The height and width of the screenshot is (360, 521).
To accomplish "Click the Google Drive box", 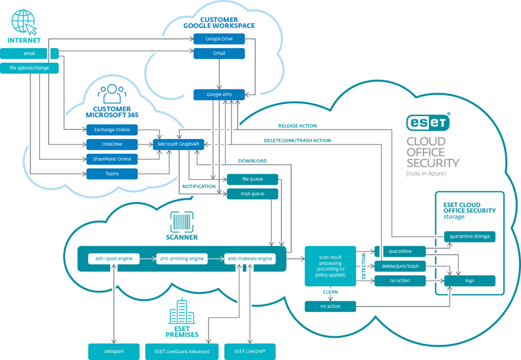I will tap(219, 39).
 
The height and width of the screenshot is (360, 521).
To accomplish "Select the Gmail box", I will tap(219, 53).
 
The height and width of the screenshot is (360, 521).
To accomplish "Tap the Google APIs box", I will tap(219, 95).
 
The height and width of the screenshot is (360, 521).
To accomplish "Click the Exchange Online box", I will tap(112, 130).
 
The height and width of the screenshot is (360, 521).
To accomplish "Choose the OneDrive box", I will tap(112, 144).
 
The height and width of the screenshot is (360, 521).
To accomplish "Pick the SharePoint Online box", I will tap(112, 159).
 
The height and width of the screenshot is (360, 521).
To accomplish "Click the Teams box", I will tap(112, 174).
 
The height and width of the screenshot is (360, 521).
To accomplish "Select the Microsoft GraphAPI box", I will tap(178, 144).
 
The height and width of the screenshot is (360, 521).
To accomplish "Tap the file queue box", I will tap(253, 179).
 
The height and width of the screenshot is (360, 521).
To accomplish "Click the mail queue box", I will tap(253, 194).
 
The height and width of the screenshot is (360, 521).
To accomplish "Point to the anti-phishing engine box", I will tap(181, 259).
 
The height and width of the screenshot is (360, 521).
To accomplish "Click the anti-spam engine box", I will tap(114, 259).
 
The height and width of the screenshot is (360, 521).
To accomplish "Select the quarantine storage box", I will tap(470, 237).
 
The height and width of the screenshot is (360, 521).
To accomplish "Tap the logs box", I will tap(470, 281).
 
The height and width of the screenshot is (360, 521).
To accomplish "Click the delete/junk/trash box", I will tap(400, 266).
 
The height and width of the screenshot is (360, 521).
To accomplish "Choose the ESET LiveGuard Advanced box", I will tap(177, 351).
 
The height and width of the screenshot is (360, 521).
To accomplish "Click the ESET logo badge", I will tap(428, 123).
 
